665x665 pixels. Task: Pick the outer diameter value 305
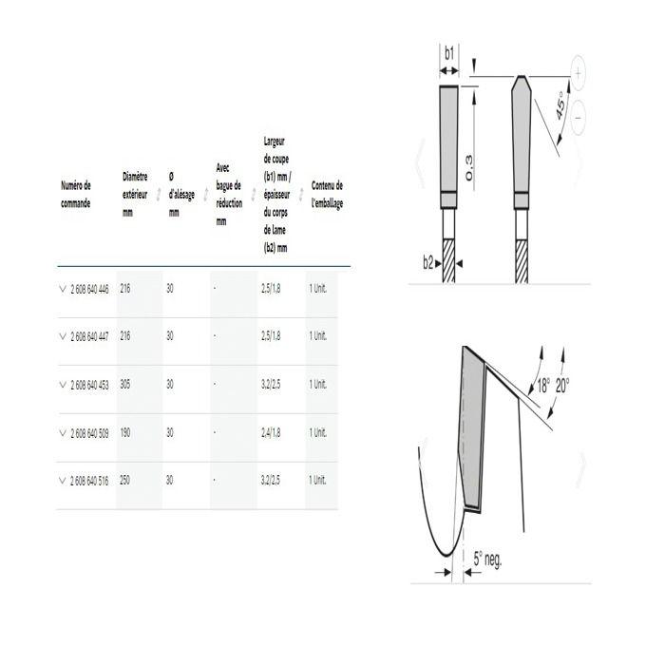125,385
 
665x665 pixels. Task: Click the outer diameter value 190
125,433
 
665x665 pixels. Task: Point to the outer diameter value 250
125,481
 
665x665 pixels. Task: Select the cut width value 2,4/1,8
272,433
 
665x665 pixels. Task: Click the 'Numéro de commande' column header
76,195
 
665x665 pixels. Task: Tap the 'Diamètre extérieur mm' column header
135,195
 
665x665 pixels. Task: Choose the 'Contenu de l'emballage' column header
327,195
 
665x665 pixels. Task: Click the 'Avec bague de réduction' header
228,194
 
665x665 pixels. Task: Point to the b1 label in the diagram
450,54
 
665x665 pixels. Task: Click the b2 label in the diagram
428,262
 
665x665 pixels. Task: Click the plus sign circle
579,71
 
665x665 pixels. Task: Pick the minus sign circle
579,117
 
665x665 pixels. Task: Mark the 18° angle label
542,387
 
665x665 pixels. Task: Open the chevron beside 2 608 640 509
63,433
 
